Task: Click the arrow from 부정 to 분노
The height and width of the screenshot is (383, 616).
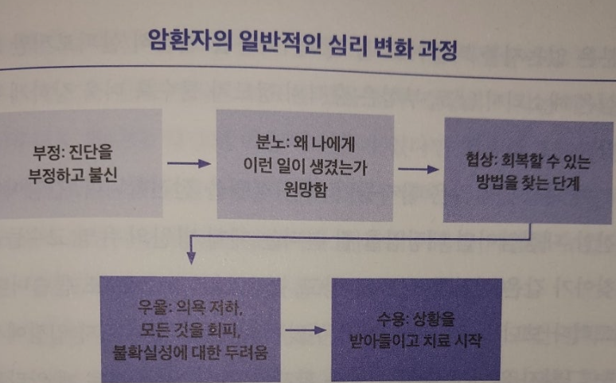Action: [189, 163]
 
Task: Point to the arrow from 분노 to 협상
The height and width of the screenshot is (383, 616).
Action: [419, 169]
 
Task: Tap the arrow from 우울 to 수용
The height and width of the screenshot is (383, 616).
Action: [306, 328]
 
